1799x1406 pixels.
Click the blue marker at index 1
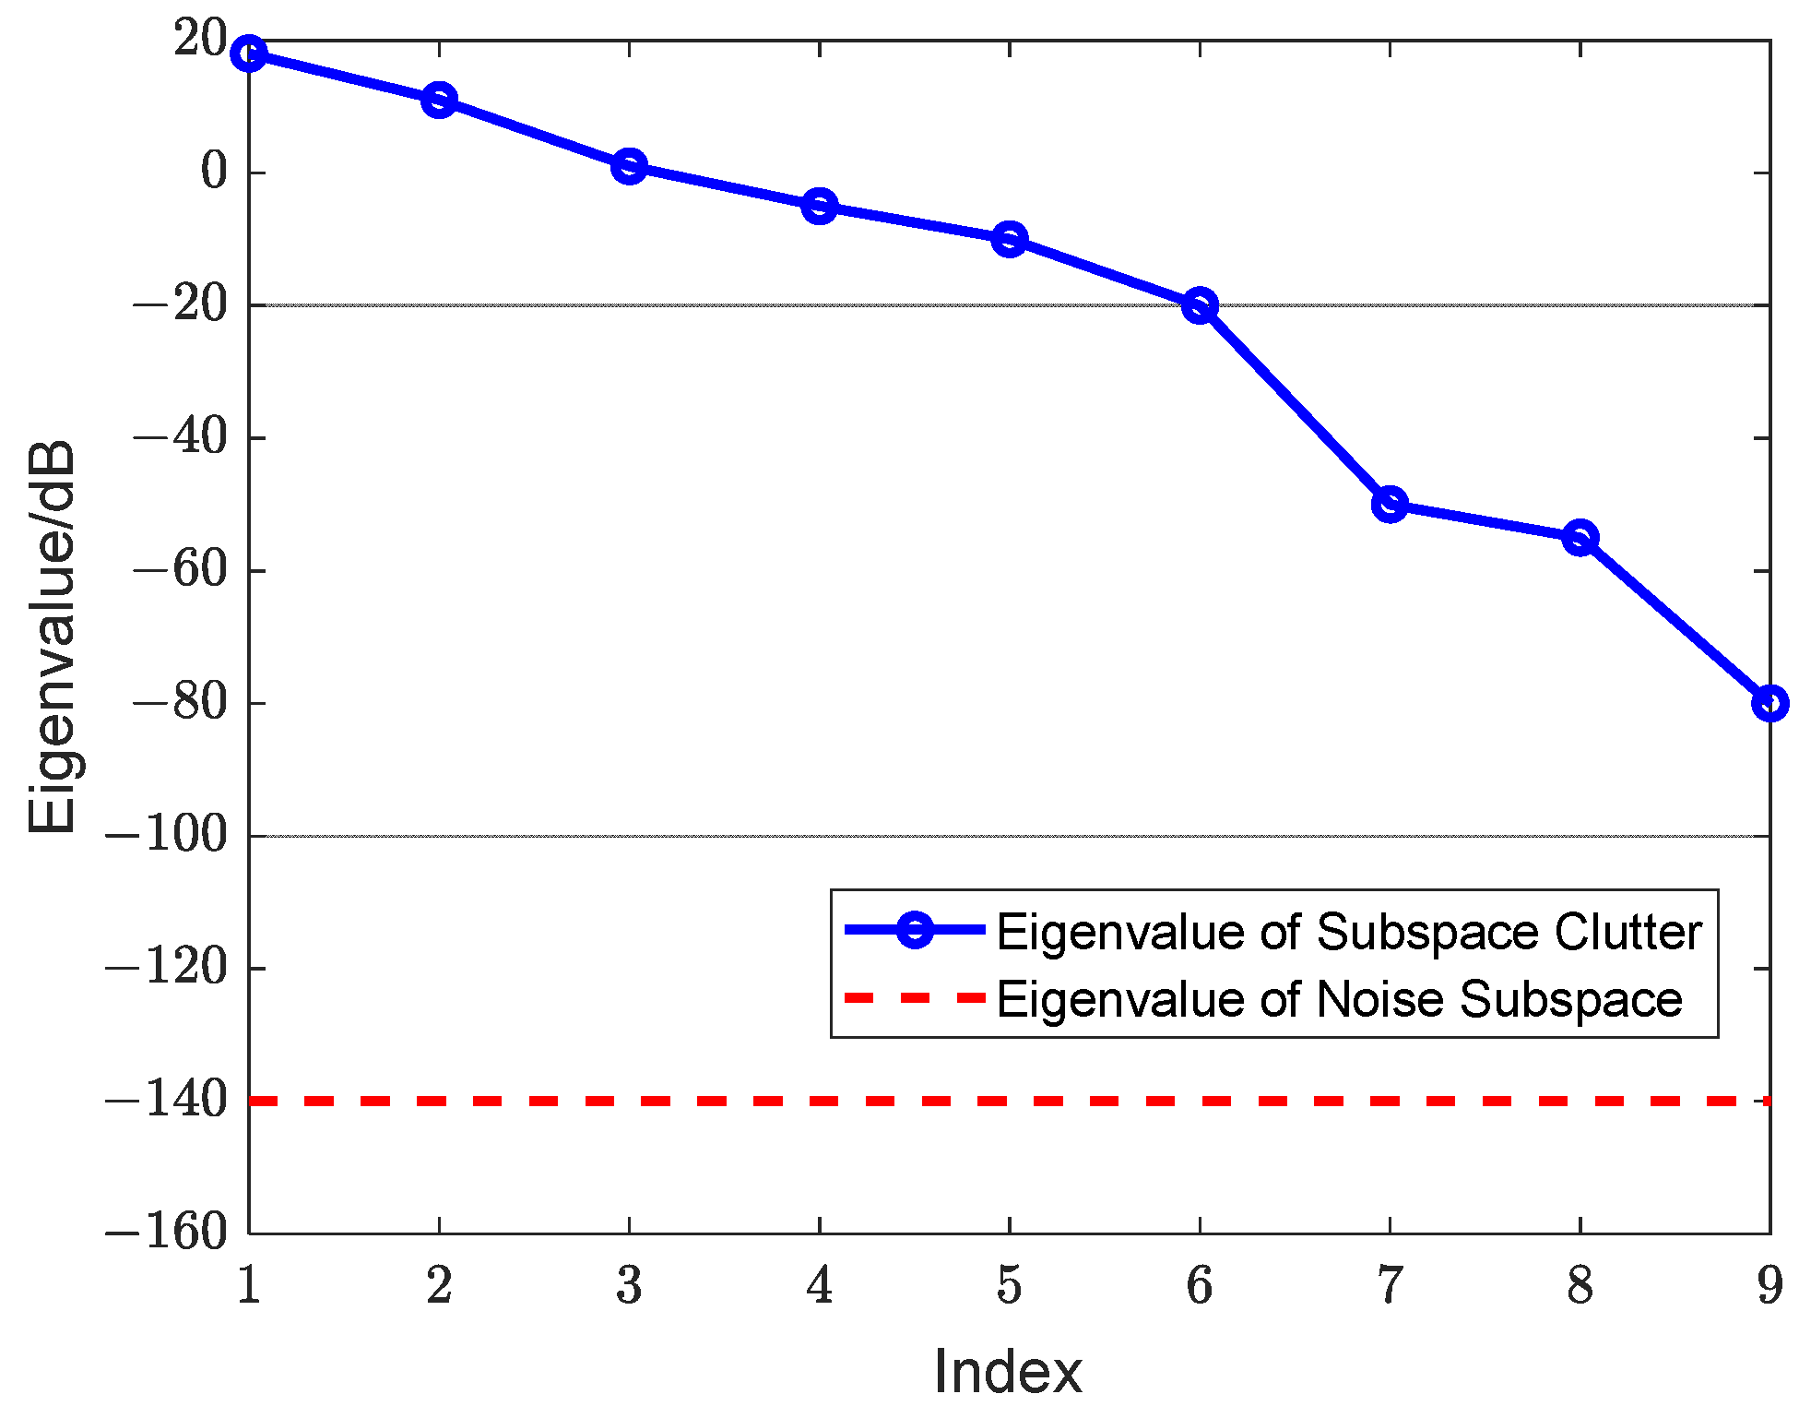(x=249, y=54)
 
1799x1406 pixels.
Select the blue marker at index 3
(x=629, y=166)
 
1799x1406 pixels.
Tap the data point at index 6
(x=1200, y=304)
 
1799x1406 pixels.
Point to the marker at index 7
(x=1390, y=504)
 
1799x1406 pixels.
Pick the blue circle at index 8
(x=1580, y=537)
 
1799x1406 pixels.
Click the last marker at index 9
(x=1769, y=703)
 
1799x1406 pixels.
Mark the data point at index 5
(x=1010, y=239)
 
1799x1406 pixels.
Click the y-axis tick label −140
(x=166, y=1101)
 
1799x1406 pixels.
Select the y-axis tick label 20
(x=199, y=40)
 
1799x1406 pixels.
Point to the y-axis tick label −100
(x=166, y=836)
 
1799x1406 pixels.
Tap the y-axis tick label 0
(x=214, y=173)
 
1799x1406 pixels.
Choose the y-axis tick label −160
(x=166, y=1233)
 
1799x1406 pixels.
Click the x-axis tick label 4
(x=819, y=1286)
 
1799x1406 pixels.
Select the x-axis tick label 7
(x=1390, y=1286)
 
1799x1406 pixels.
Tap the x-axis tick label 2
(x=439, y=1286)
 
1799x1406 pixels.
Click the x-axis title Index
(x=1008, y=1372)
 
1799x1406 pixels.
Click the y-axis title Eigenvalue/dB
(x=52, y=637)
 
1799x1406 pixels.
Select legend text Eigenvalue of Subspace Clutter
(x=1348, y=932)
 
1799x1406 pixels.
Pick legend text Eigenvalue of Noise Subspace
(x=1339, y=999)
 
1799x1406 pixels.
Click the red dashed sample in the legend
(x=915, y=998)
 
